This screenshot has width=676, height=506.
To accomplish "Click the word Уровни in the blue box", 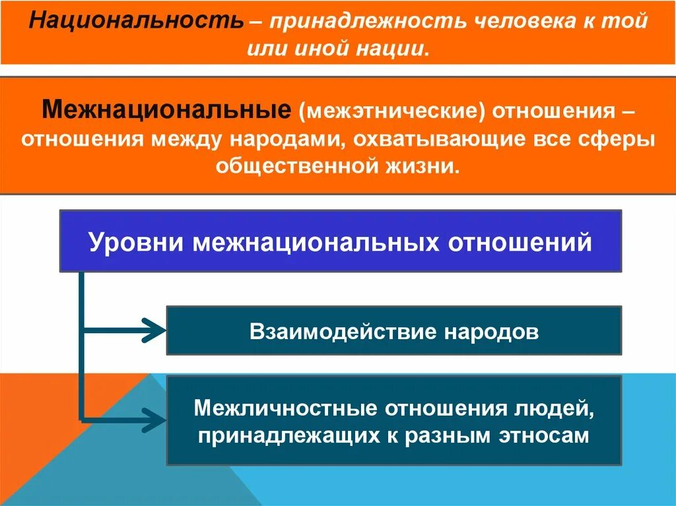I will [x=137, y=242].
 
